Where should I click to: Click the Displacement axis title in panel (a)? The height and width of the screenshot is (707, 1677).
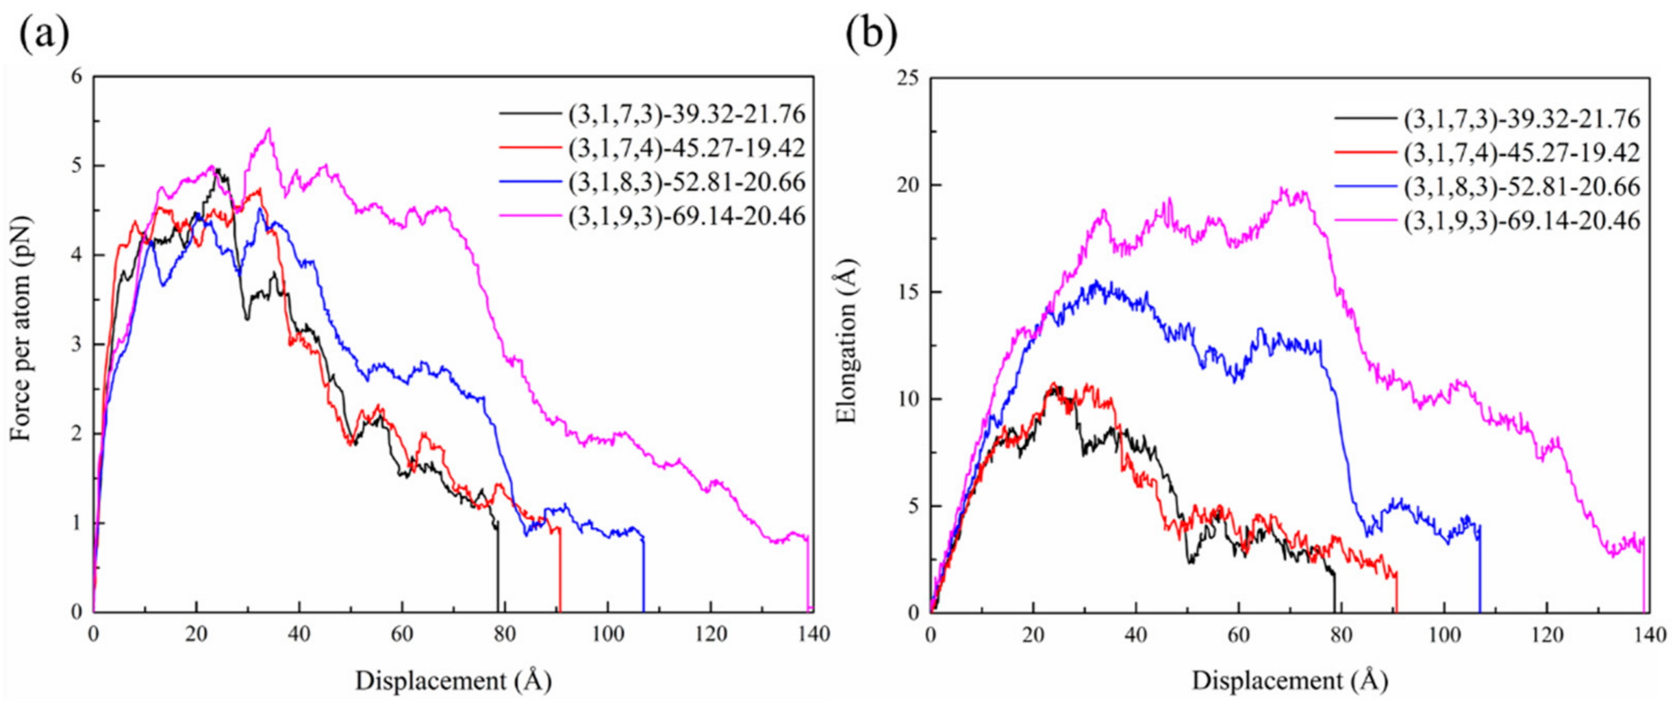(453, 681)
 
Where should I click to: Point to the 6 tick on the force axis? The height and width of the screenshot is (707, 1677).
(77, 77)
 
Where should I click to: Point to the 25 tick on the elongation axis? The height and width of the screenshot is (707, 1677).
(909, 78)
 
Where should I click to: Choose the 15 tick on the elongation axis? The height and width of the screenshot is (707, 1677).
(909, 292)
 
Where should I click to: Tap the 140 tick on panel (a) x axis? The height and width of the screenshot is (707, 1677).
(813, 634)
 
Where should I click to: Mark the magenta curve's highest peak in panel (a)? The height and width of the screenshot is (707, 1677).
(268, 129)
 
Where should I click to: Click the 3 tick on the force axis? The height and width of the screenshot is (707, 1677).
(77, 344)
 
